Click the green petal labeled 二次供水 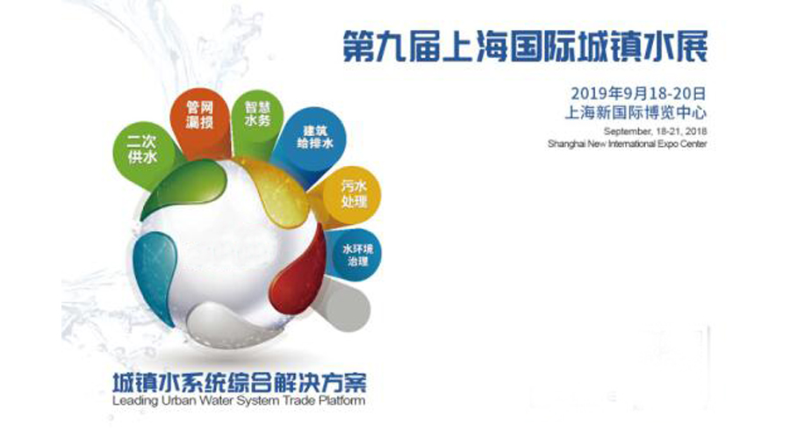click(x=144, y=151)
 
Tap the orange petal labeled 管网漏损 click(x=199, y=120)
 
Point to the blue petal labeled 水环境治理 click(x=355, y=255)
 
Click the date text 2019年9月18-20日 click(x=638, y=93)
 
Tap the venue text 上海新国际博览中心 click(x=636, y=112)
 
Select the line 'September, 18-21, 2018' click(x=655, y=131)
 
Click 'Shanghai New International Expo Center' click(x=628, y=144)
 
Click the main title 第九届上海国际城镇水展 click(x=525, y=47)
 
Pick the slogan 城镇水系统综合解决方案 click(x=240, y=383)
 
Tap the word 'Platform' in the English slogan click(x=341, y=401)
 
